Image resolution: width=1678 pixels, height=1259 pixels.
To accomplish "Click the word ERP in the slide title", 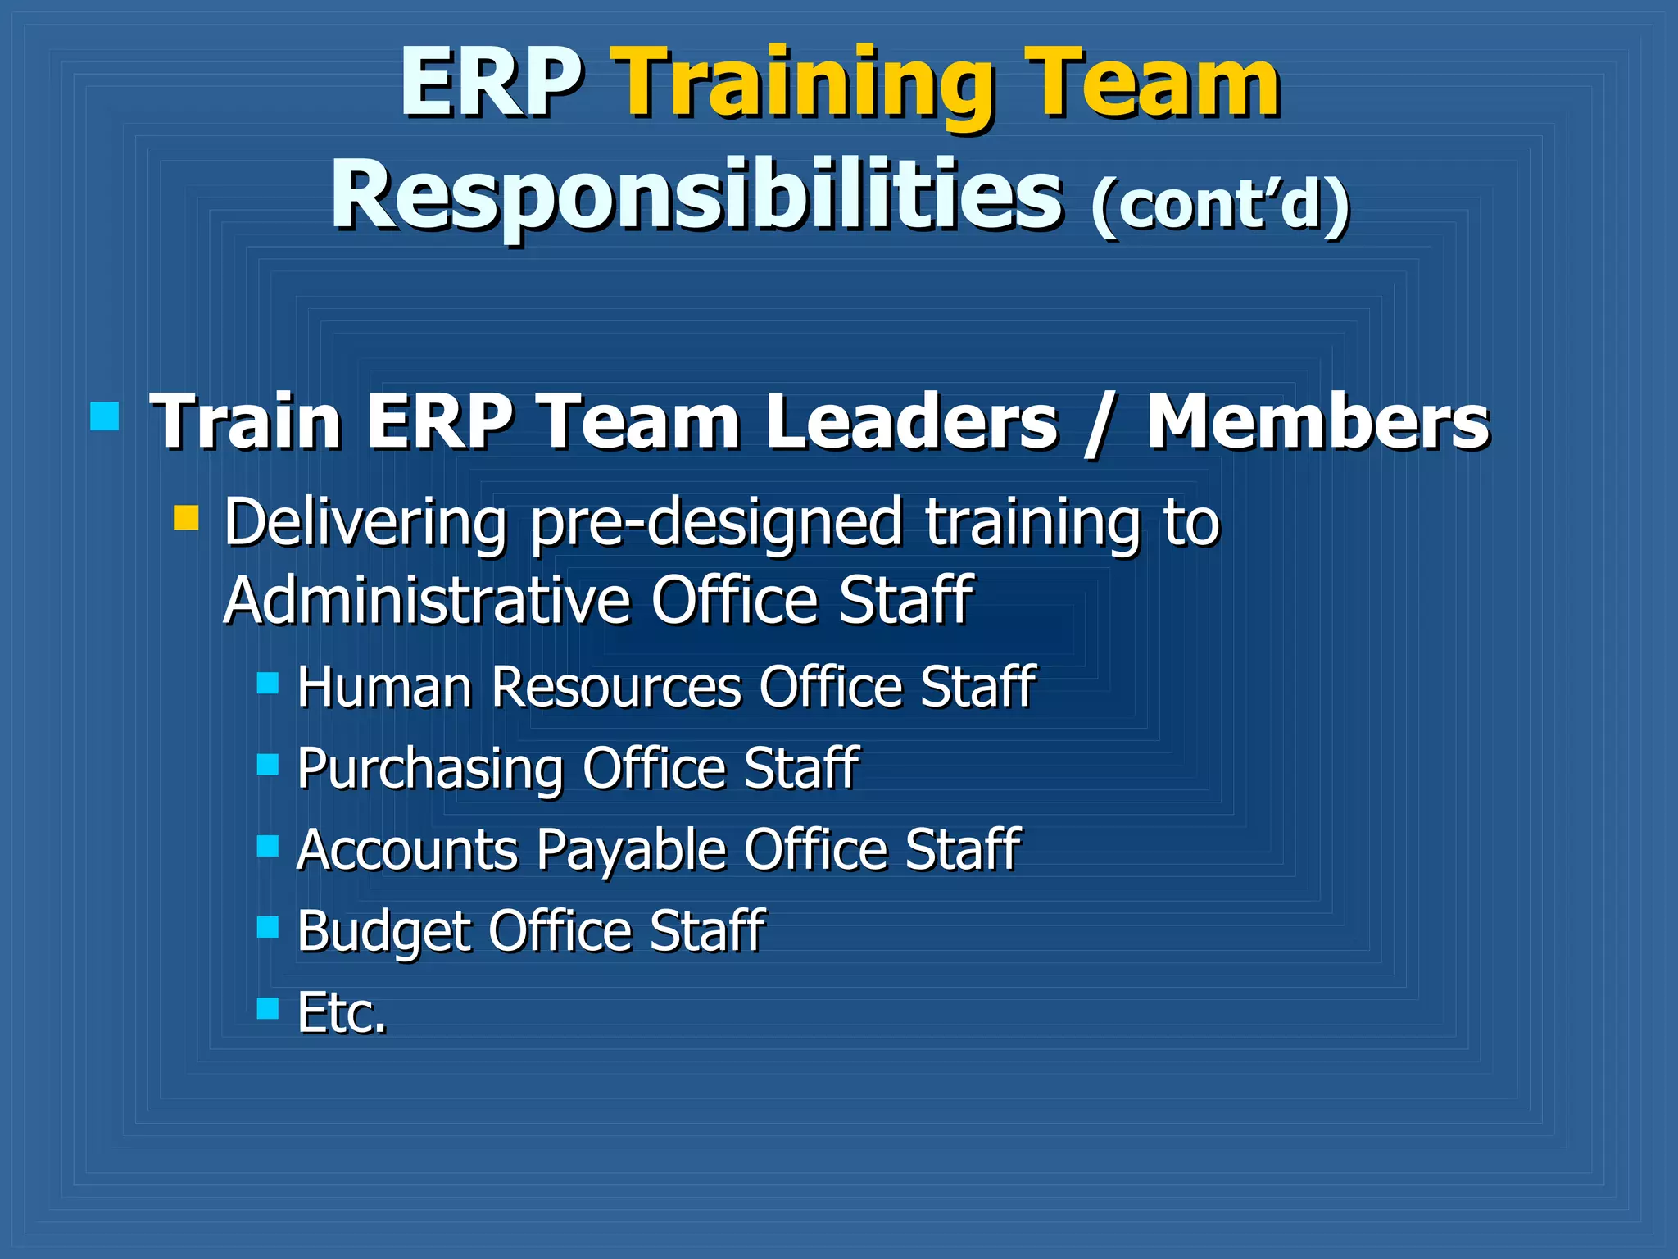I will (x=491, y=84).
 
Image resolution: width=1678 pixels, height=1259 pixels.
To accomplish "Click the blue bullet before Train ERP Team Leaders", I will (x=105, y=416).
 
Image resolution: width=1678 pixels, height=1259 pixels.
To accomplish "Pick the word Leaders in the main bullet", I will (x=911, y=421).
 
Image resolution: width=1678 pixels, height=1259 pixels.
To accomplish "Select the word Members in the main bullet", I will (x=1317, y=421).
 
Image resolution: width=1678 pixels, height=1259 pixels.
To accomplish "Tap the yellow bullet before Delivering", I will (x=187, y=518).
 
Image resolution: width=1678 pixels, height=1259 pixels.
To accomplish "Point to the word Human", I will (x=384, y=686).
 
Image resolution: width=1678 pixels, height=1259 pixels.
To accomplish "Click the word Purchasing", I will (x=430, y=770).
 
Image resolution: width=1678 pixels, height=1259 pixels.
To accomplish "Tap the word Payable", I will (x=631, y=850).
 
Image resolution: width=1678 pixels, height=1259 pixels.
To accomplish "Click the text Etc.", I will (x=342, y=1013).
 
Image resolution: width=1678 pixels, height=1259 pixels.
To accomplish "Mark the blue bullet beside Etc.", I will (x=268, y=1008).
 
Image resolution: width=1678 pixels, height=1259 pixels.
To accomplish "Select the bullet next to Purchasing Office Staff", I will (x=268, y=765).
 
